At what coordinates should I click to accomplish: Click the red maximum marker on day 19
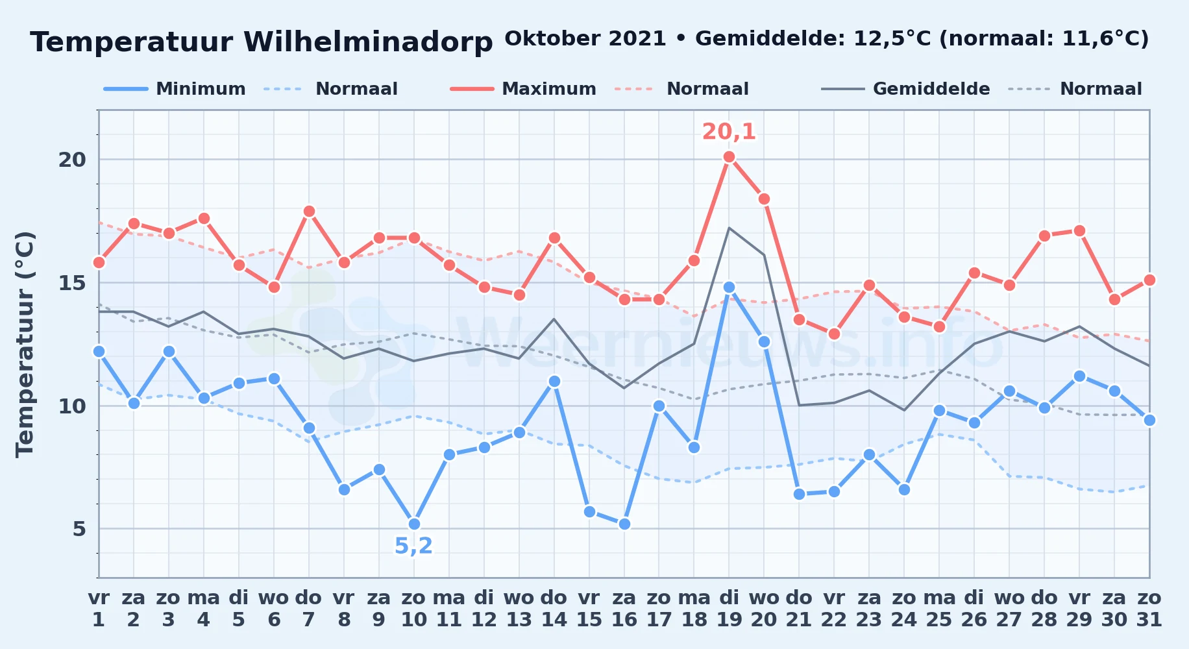tap(729, 156)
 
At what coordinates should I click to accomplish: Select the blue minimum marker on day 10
tap(414, 524)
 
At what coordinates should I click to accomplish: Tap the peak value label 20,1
tap(729, 132)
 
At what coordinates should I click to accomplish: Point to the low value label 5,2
tap(413, 546)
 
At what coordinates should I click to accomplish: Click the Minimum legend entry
tap(175, 89)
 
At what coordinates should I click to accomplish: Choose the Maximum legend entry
tap(523, 89)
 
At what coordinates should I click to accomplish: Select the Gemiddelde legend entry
tap(906, 89)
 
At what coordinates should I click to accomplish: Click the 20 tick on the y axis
tap(72, 160)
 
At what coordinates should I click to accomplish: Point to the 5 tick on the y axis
tap(79, 529)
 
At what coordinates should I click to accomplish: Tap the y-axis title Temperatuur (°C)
tap(25, 344)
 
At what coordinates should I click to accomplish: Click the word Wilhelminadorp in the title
tap(368, 42)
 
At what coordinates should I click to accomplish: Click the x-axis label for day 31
tap(1149, 608)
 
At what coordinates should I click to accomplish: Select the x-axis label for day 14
tap(554, 608)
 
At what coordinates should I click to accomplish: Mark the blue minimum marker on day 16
tap(624, 524)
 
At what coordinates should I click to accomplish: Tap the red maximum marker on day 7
tap(309, 211)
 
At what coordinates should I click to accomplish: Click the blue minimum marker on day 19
tap(729, 287)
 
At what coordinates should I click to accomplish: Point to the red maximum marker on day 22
tap(834, 334)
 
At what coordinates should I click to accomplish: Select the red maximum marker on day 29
tap(1079, 230)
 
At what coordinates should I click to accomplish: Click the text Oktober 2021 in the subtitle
tap(585, 38)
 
